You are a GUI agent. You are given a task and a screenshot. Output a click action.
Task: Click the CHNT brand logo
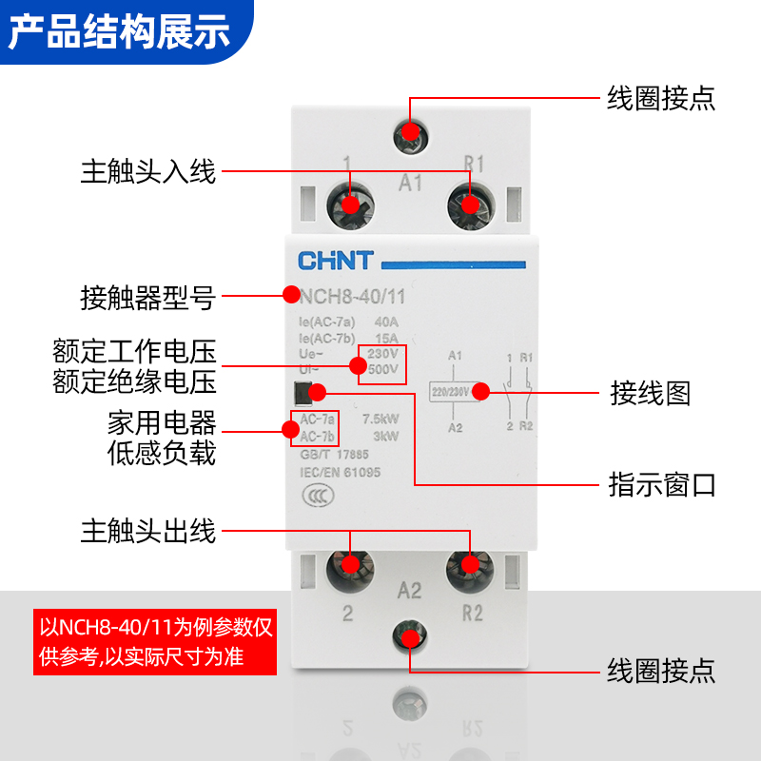point(337,260)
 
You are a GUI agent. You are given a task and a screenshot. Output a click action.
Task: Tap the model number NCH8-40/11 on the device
point(353,297)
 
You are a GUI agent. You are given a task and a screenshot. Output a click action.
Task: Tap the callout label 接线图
point(650,393)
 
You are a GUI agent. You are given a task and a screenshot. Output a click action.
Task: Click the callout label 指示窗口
point(662,485)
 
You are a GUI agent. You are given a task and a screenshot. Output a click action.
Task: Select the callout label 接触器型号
point(148,299)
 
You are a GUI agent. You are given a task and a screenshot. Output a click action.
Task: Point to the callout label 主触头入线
point(148,172)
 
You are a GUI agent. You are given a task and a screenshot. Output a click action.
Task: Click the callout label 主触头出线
point(148,531)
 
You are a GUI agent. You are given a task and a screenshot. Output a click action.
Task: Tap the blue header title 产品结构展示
point(120,31)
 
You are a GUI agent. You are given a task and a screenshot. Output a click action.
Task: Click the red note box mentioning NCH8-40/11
point(155,642)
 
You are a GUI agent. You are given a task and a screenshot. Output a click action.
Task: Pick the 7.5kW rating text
point(380,419)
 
